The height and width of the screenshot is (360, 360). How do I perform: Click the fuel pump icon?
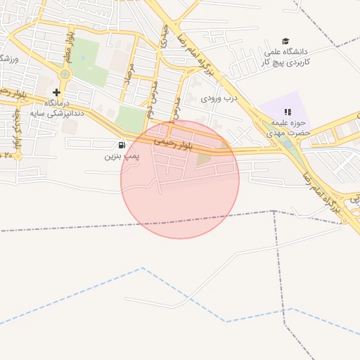pyautogui.click(x=123, y=145)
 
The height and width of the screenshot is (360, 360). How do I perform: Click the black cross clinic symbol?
pyautogui.click(x=57, y=92)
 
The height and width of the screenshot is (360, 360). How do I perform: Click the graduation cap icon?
pyautogui.click(x=285, y=41)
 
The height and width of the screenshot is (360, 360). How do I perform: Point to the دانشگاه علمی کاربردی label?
pyautogui.click(x=286, y=57)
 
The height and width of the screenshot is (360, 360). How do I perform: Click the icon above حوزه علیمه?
pyautogui.click(x=287, y=112)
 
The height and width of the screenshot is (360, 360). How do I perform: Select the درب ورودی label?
pyautogui.click(x=220, y=98)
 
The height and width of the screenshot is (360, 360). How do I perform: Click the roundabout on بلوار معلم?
pyautogui.click(x=65, y=74)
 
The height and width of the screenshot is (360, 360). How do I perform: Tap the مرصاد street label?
pyautogui.click(x=128, y=70)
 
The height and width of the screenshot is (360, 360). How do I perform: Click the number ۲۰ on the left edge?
pyautogui.click(x=8, y=154)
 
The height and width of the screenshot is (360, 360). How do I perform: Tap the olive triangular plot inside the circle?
pyautogui.click(x=203, y=160)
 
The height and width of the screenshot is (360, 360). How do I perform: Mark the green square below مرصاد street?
pyautogui.click(x=129, y=119)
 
